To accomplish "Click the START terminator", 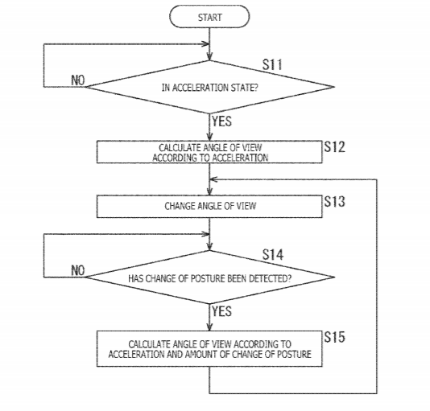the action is pos(209,17).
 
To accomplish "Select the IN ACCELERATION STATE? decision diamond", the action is pos(210,87).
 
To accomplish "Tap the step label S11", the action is pos(272,64).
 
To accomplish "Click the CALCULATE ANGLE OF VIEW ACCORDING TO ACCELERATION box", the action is pos(209,152).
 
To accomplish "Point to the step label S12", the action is pos(334,147).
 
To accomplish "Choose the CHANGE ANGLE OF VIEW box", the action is pos(209,207).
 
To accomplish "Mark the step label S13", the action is pos(334,201).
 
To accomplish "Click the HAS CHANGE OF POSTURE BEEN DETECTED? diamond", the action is pos(210,277).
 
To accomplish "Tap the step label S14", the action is pos(273,254).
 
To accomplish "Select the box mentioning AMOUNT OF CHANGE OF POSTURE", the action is pos(209,349).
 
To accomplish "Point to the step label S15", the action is pos(334,337).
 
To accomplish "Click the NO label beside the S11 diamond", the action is pos(78,80).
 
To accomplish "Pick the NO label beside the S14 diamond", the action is pos(78,270).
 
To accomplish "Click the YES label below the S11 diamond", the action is pos(221,121).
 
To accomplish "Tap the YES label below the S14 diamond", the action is pos(221,311).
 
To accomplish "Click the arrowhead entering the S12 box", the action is pos(209,138).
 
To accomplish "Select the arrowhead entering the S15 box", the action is pos(209,327).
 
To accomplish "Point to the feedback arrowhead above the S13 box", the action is pos(213,179).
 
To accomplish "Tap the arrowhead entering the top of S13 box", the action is pos(209,191).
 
